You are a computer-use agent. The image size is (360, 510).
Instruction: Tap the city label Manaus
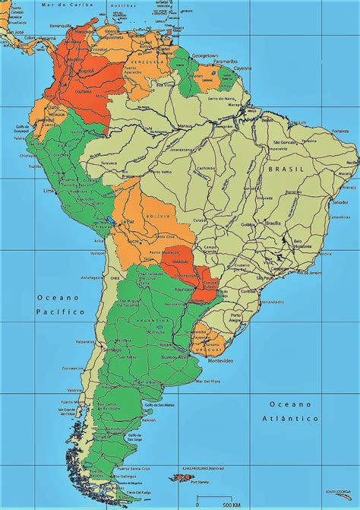(185, 125)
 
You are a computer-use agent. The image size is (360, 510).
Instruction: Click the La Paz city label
(128, 222)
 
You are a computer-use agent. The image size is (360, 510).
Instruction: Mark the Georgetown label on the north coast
(204, 56)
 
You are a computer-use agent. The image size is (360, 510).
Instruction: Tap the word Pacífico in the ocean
(53, 312)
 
